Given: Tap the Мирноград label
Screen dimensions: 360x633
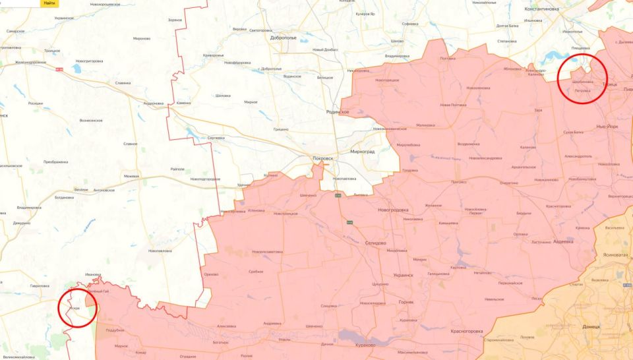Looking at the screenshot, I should point(362,151).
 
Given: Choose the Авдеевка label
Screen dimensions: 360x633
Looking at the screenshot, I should point(562,241).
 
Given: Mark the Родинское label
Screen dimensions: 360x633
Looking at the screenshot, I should point(337,112).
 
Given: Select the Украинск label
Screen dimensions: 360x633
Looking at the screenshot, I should point(402,275).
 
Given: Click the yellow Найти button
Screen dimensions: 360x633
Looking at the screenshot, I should point(49,3).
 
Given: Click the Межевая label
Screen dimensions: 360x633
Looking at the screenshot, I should point(131,176).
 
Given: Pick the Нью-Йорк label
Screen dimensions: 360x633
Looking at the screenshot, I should point(607,125).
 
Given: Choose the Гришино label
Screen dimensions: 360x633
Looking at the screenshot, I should point(282,130).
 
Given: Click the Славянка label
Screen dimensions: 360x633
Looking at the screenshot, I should point(123,83).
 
